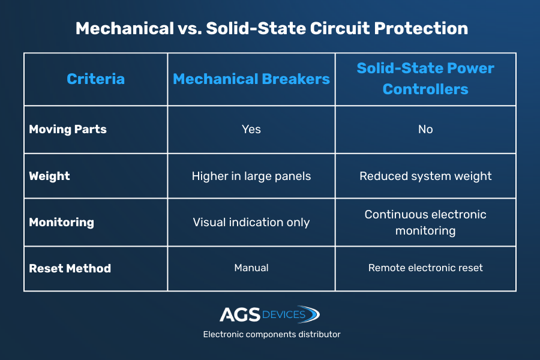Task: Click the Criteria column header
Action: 95,79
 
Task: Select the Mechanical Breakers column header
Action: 251,79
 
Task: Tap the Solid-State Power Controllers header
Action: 425,79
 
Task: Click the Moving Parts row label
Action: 68,129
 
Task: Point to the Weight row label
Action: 49,176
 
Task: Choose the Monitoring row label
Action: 61,223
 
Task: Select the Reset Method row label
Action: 70,268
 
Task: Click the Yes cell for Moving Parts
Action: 251,129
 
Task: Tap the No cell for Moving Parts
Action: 425,129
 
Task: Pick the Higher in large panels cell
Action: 251,176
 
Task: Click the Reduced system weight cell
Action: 425,176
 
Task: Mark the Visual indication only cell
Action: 251,222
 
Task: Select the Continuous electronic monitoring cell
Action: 425,223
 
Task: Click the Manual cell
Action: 251,268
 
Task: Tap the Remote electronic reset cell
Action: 425,268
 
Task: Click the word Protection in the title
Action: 421,28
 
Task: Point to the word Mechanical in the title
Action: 125,28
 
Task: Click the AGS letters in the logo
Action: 240,314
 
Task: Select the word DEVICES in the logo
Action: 284,314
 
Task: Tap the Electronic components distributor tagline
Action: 272,334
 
